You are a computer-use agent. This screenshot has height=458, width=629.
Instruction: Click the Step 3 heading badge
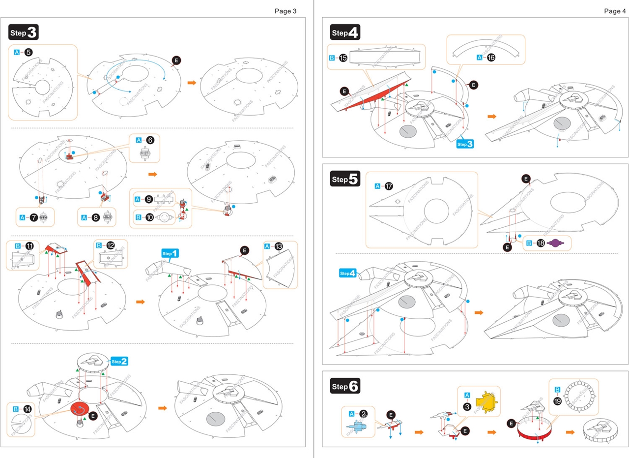coord(24,32)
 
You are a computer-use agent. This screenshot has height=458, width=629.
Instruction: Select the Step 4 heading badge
coord(346,33)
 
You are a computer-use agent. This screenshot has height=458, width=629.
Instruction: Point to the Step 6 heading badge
coord(346,387)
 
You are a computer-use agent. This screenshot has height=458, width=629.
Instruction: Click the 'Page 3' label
coord(285,11)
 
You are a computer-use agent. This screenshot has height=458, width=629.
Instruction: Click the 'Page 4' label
coord(615,11)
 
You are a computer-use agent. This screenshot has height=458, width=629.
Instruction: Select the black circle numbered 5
coord(29,52)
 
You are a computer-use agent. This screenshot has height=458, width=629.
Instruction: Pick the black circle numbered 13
coord(279,246)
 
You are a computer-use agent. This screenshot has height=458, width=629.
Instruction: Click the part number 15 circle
coord(343,58)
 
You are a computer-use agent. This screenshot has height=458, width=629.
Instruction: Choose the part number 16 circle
coord(491,58)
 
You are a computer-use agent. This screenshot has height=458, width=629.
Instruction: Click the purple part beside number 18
coord(554,243)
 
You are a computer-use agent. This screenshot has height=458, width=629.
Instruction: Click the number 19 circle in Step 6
coord(557,401)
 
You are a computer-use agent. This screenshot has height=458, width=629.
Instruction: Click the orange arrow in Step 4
coord(491,117)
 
